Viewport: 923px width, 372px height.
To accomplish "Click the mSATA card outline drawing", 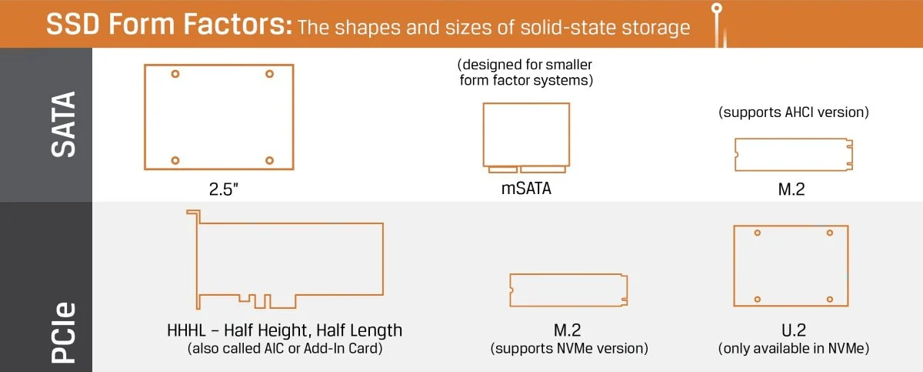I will point(526,136).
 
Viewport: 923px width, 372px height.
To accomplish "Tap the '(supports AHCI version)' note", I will point(794,112).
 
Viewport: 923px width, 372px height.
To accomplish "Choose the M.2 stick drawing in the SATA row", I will point(793,154).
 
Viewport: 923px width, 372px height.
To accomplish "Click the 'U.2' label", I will point(793,330).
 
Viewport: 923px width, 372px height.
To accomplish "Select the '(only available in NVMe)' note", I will point(794,349).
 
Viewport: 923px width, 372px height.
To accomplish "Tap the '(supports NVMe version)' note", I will point(569,349).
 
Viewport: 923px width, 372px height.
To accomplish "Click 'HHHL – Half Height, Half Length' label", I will point(285,330).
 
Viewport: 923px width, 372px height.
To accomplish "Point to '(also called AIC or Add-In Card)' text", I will point(285,349).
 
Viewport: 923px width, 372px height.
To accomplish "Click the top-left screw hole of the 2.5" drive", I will point(175,74).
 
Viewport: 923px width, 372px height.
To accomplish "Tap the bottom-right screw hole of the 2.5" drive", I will point(269,160).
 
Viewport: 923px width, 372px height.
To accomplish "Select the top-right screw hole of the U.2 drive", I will point(829,233).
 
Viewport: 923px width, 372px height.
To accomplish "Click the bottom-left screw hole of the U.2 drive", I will point(758,299).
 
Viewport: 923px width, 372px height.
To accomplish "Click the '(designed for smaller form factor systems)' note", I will point(525,72).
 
